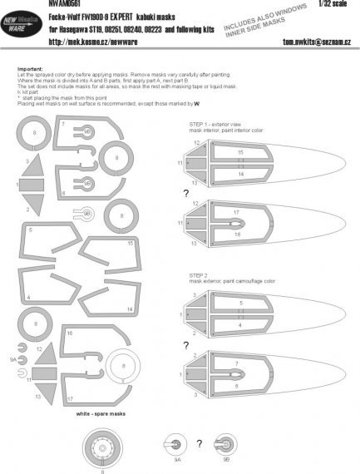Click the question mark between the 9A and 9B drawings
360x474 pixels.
[x=198, y=442]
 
